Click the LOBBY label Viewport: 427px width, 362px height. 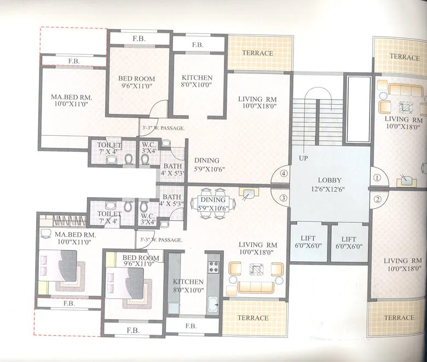pos(329,180)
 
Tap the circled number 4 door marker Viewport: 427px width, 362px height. pos(284,174)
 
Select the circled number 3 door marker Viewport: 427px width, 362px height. pos(284,198)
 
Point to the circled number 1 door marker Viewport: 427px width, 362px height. pos(377,177)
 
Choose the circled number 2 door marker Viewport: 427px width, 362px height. pos(377,199)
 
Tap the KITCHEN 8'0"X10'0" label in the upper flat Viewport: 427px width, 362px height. pos(197,81)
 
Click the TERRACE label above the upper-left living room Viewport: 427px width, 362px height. pos(257,53)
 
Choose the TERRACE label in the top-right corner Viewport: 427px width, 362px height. pos(404,56)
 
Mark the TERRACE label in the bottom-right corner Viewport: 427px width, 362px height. pos(399,318)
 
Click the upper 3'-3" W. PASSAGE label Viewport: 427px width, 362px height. pos(163,128)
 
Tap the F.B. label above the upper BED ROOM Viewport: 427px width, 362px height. pos(139,38)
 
